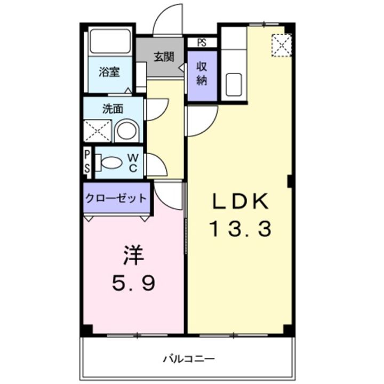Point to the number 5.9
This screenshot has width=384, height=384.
(x=133, y=283)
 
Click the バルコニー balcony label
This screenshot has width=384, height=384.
(x=189, y=357)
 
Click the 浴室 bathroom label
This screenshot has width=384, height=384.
(x=109, y=72)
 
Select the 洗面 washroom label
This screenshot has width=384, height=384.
(x=113, y=109)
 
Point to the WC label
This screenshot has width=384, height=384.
(x=134, y=162)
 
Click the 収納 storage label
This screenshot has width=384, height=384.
(x=202, y=74)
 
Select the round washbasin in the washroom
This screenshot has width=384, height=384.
(x=127, y=131)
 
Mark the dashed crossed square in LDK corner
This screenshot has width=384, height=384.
(x=281, y=45)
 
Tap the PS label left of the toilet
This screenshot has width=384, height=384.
(x=87, y=162)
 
